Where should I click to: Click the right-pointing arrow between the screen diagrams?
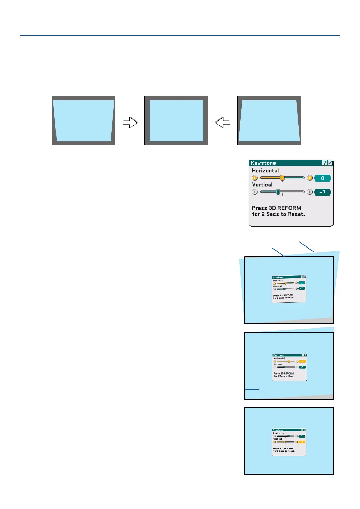[130, 123]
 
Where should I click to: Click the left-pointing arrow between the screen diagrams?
[223, 123]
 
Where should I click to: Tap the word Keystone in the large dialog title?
[263, 163]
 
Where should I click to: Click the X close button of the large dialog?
[330, 163]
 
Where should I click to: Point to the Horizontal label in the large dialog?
[265, 171]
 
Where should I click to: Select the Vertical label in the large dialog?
[262, 185]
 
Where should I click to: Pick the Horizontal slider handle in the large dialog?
[282, 178]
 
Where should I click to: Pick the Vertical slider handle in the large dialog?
[278, 192]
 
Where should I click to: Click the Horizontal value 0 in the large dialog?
[322, 178]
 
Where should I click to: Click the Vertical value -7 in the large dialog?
[322, 192]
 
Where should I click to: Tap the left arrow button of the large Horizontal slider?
[255, 178]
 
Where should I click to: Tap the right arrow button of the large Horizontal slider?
[309, 178]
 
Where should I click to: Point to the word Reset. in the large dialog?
[296, 214]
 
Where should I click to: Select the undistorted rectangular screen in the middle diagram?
[176, 121]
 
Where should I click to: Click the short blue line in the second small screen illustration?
[252, 389]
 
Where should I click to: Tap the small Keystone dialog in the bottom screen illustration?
[289, 442]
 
